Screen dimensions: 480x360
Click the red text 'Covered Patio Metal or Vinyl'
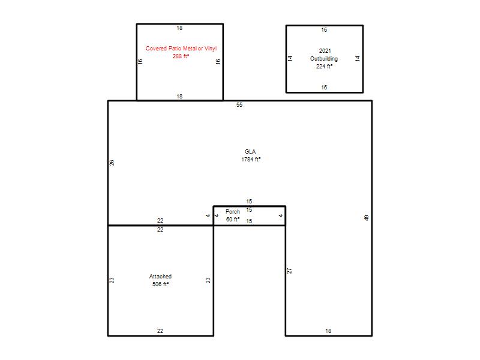tap(181, 49)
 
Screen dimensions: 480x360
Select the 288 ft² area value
tap(181, 56)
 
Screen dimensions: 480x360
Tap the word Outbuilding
tap(324, 58)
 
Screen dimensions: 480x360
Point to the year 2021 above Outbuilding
tap(325, 51)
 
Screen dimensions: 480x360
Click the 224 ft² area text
tap(324, 66)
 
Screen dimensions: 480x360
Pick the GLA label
tap(250, 152)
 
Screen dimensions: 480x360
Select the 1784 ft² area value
tap(251, 159)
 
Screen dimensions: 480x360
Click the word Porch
tap(233, 212)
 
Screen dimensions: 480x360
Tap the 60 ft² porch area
tap(233, 219)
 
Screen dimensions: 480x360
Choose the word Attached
tap(160, 277)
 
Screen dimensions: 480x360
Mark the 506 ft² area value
tap(160, 284)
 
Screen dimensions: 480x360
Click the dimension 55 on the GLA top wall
tap(239, 104)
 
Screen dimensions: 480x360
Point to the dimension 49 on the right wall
tap(367, 218)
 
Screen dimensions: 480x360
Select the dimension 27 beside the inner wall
tap(290, 271)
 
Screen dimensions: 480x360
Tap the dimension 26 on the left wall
tap(112, 163)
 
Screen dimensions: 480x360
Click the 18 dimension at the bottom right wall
tap(328, 331)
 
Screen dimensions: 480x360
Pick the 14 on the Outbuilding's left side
tap(290, 58)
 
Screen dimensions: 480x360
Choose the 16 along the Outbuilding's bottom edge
tap(324, 87)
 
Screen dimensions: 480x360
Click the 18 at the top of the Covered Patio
tap(179, 28)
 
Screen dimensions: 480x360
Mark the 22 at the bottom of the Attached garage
tap(160, 331)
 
